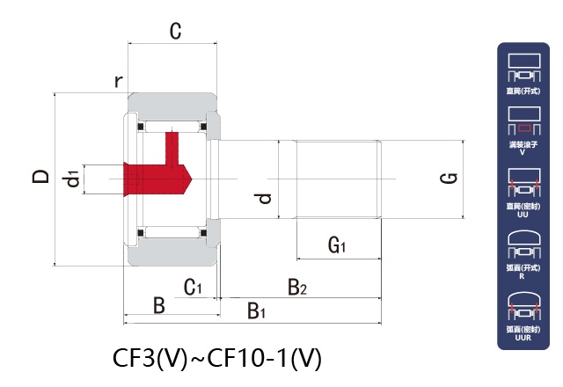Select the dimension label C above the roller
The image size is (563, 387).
(x=175, y=33)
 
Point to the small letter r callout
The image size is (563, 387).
(x=118, y=82)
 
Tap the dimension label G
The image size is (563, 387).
(x=448, y=179)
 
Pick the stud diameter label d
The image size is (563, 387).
(x=263, y=198)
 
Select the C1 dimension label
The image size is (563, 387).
(x=193, y=287)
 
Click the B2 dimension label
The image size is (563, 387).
(x=297, y=287)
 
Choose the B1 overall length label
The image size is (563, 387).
(x=256, y=310)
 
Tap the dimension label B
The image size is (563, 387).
(x=159, y=305)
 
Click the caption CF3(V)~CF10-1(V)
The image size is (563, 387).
(x=217, y=358)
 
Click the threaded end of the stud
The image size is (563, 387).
(x=337, y=179)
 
